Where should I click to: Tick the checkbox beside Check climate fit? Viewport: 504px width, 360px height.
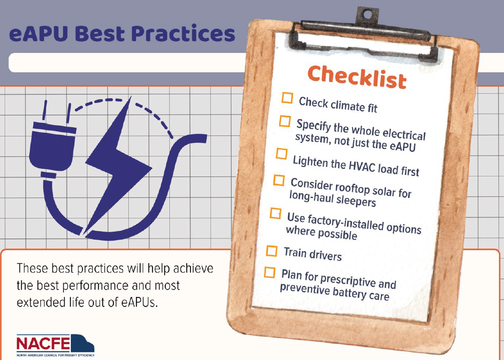[287, 98]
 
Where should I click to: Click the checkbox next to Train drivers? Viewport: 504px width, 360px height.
[272, 251]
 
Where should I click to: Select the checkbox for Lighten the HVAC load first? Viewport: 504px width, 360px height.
[282, 153]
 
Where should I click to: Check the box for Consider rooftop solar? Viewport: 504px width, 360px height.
[279, 180]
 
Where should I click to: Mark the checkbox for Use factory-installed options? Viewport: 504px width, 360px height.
[276, 213]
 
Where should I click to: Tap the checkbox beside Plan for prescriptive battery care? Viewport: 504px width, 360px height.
[269, 273]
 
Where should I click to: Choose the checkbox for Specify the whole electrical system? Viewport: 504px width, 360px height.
[285, 121]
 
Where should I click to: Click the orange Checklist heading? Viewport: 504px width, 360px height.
[357, 77]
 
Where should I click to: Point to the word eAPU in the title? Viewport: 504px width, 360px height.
[39, 33]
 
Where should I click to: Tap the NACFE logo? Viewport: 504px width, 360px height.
[55, 345]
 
